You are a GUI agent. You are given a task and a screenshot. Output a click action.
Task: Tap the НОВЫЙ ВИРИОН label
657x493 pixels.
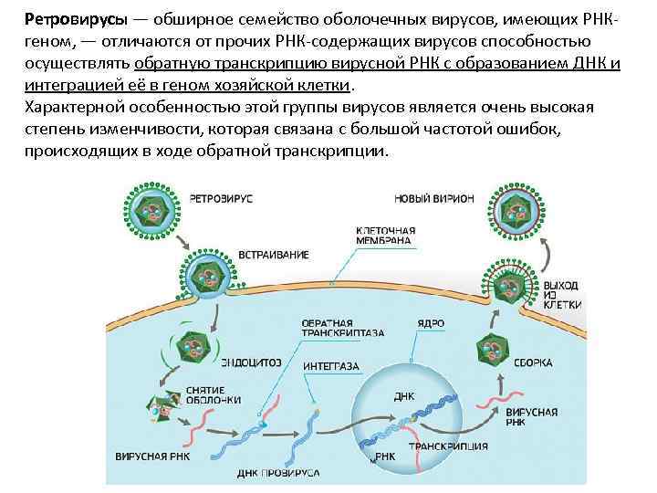(434, 197)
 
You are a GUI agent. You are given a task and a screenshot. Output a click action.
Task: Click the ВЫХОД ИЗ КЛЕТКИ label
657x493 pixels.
(559, 295)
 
